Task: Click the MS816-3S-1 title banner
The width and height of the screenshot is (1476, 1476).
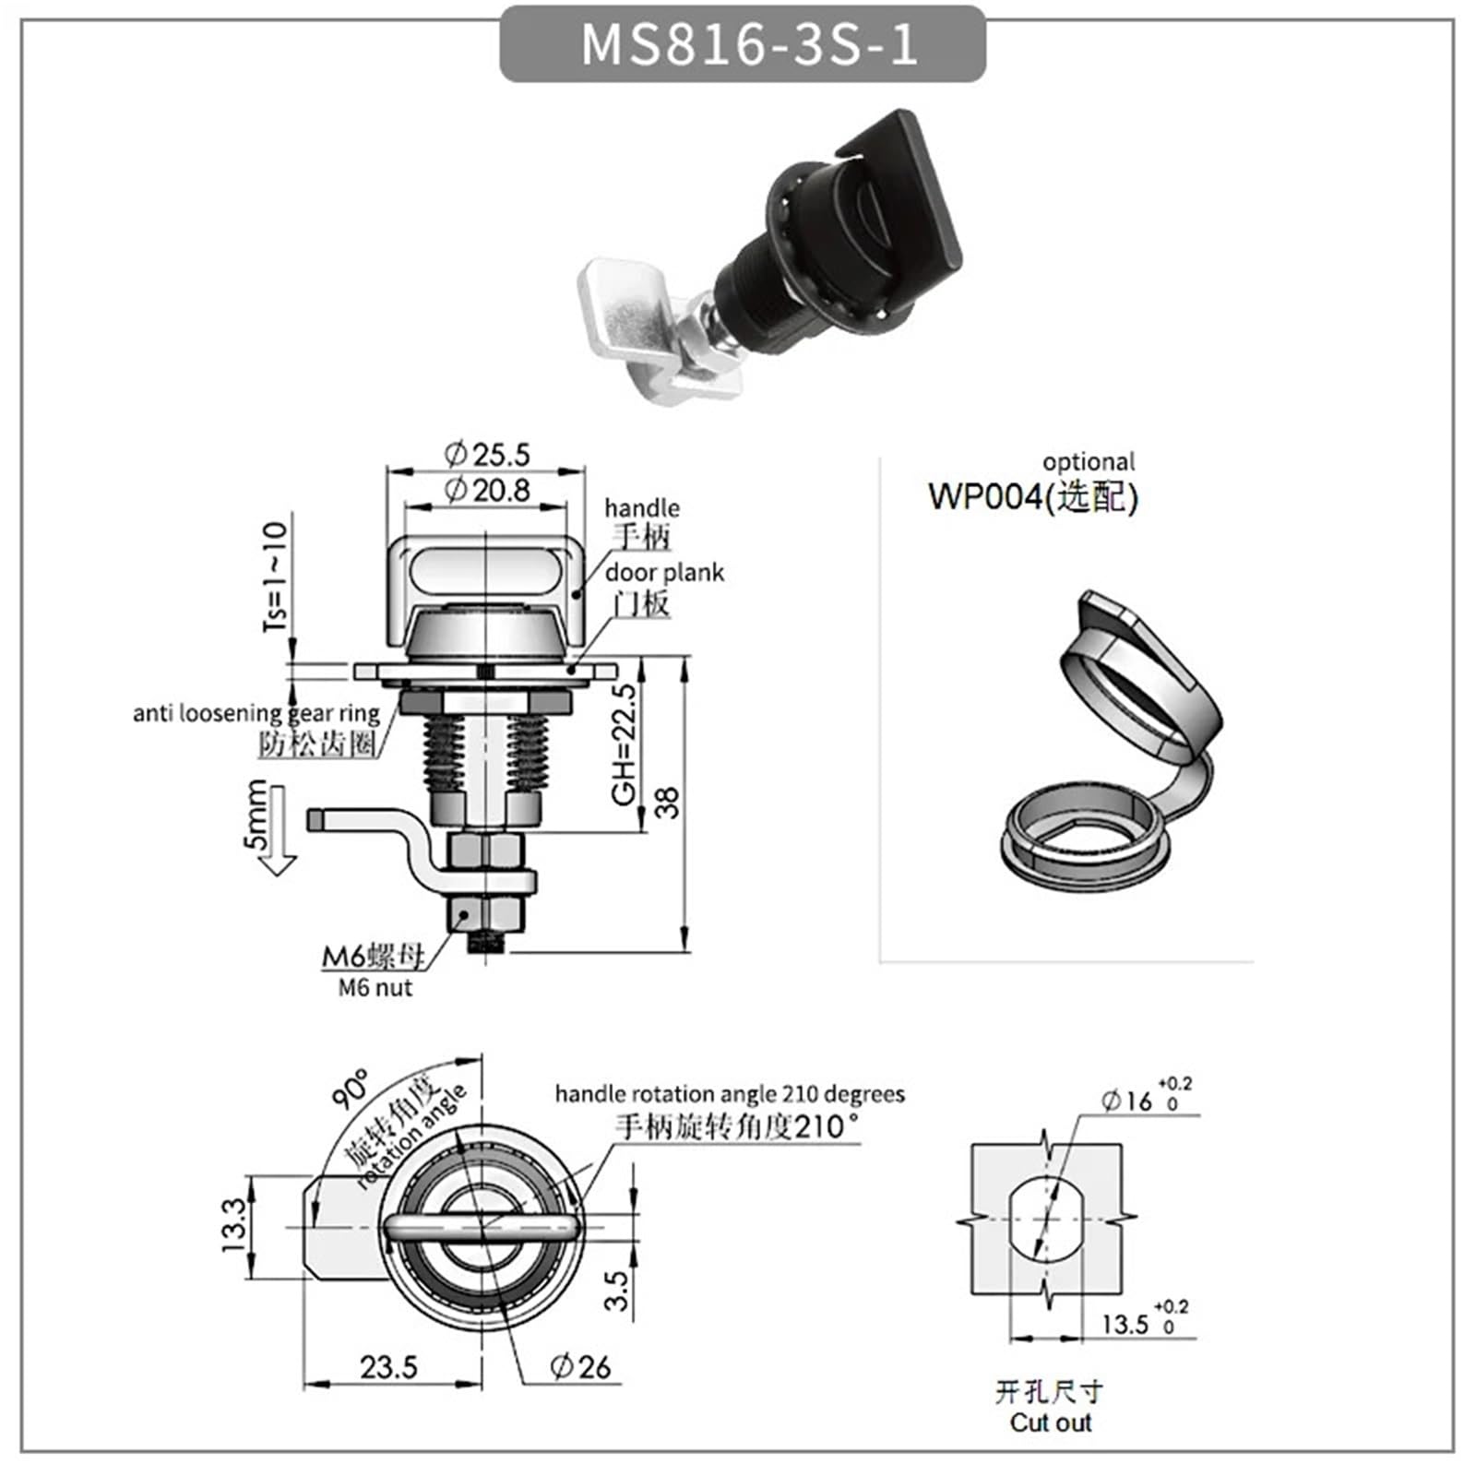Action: (x=743, y=43)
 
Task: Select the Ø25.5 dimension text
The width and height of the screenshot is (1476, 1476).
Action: (x=487, y=454)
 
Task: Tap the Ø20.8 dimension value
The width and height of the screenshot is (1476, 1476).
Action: (x=487, y=490)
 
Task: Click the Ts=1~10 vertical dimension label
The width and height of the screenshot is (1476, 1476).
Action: (x=275, y=576)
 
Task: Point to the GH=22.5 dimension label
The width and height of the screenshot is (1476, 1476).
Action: (x=625, y=744)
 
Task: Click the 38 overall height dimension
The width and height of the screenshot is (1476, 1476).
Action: (x=667, y=802)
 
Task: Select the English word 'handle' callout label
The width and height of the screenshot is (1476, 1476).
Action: (x=641, y=508)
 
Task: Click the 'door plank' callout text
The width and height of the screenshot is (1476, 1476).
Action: (x=664, y=573)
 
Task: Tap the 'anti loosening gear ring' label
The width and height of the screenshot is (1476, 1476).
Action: (x=256, y=713)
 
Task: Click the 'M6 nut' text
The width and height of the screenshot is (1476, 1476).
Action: (x=375, y=988)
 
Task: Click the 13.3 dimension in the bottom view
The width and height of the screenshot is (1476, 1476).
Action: (x=234, y=1224)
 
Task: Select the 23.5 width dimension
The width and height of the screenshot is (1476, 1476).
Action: (x=388, y=1366)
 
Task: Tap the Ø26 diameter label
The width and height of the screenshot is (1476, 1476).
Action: (x=580, y=1366)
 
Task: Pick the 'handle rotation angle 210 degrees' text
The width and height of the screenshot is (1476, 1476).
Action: (x=729, y=1094)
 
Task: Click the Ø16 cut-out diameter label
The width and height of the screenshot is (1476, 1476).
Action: (x=1127, y=1101)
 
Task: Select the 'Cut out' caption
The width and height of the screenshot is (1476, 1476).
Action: (x=1050, y=1422)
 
